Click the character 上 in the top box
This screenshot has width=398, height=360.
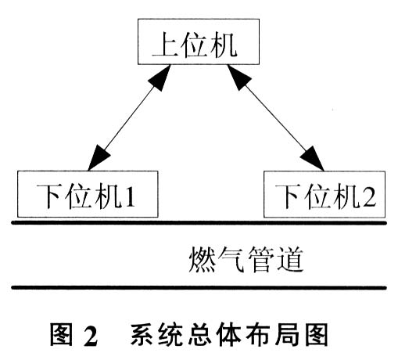click(x=165, y=45)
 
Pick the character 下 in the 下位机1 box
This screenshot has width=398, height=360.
click(x=49, y=196)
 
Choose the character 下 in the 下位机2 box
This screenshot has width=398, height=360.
click(x=288, y=196)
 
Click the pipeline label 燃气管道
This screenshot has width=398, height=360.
click(x=246, y=259)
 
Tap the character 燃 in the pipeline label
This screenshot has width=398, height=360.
click(x=202, y=259)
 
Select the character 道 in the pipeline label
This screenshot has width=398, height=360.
click(x=290, y=259)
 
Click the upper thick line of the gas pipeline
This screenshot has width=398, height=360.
click(x=199, y=223)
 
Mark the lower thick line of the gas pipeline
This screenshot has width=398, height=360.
click(x=199, y=288)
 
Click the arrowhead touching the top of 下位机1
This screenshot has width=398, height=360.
click(x=99, y=157)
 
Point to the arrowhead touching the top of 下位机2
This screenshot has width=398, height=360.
click(x=313, y=158)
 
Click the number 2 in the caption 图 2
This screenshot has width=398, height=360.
click(x=91, y=336)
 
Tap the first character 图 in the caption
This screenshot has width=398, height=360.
click(x=62, y=335)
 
